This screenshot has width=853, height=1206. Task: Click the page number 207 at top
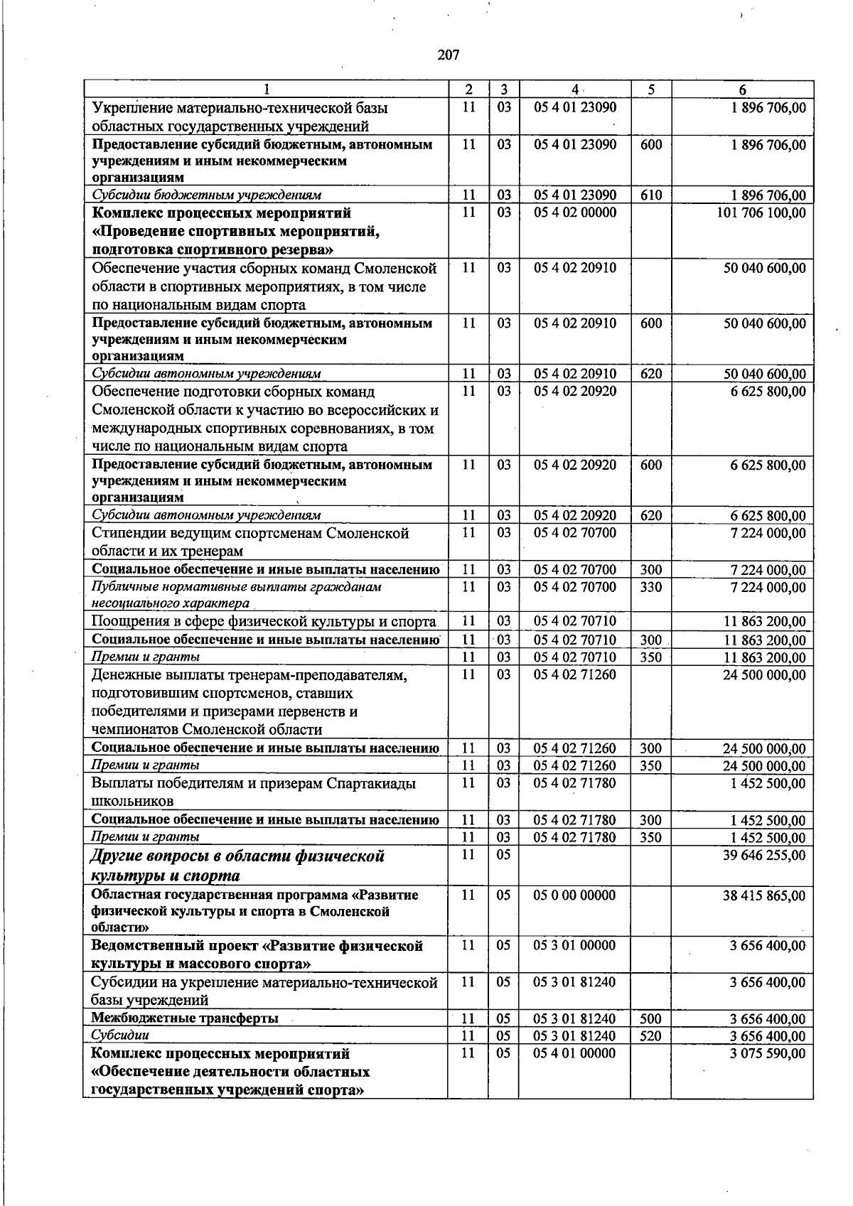tap(449, 55)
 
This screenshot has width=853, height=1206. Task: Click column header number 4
tap(574, 90)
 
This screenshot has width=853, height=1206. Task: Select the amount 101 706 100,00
tap(762, 212)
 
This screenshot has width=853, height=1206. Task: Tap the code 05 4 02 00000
tap(575, 212)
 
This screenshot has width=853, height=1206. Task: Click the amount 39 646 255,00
tap(764, 855)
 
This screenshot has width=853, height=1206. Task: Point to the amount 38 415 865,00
tap(764, 895)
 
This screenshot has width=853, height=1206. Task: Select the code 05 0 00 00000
tap(575, 895)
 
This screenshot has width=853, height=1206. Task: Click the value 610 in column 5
tap(650, 195)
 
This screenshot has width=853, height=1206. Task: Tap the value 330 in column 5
tap(650, 587)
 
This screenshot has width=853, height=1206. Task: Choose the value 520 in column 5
tap(650, 1036)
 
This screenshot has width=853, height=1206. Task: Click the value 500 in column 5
tap(650, 1019)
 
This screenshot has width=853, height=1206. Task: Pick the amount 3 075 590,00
tap(768, 1053)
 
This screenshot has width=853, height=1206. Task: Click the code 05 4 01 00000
tap(575, 1053)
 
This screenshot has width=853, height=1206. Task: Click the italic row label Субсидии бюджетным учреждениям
tap(206, 195)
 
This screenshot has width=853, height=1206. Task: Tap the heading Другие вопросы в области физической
tap(238, 856)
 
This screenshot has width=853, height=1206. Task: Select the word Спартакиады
tap(371, 784)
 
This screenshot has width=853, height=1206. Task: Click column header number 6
tap(742, 90)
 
